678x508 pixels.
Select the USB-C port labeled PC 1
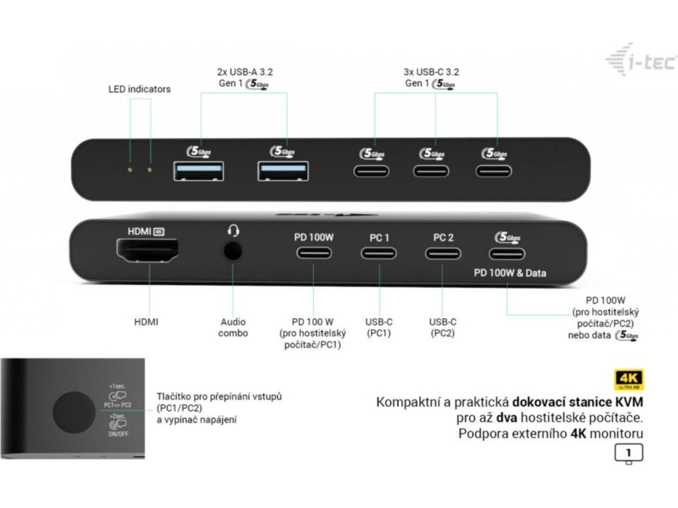tap(379, 253)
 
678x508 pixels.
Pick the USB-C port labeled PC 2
tap(444, 253)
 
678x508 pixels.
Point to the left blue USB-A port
tap(199, 171)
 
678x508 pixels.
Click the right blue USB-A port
tap(283, 171)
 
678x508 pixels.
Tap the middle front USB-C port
tap(433, 171)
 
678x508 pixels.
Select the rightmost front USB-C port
tap(494, 171)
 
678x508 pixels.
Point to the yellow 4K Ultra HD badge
tap(628, 379)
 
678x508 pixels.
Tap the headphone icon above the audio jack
tap(233, 230)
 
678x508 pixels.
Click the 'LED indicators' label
tap(139, 89)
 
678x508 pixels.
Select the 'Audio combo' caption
tap(233, 327)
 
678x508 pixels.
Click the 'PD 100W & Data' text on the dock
tap(510, 273)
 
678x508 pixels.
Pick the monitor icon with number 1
tap(628, 454)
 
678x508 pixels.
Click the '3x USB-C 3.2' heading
tap(432, 71)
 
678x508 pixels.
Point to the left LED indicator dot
tap(130, 170)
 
